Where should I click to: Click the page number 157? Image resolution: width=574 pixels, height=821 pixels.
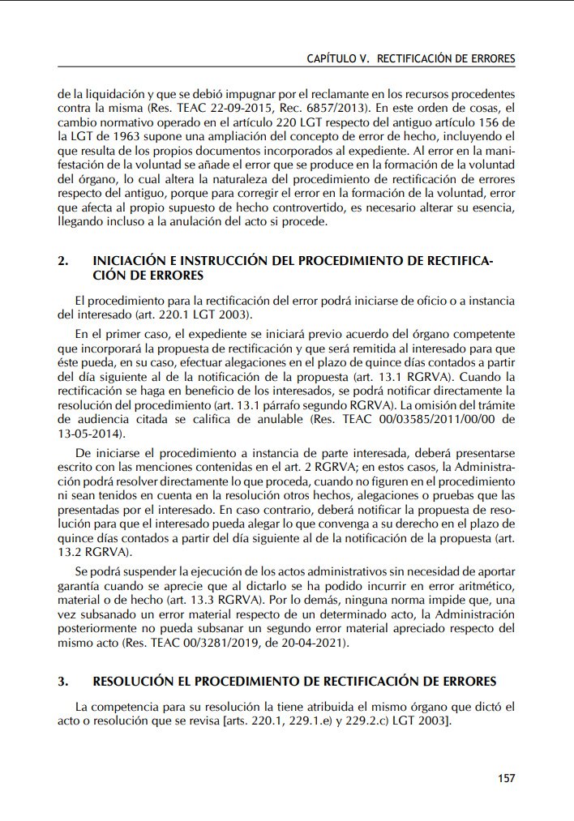tap(506, 778)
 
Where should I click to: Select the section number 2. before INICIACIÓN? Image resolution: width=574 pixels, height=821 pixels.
tap(63, 262)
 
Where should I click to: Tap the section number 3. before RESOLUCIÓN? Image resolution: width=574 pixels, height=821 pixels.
tap(63, 682)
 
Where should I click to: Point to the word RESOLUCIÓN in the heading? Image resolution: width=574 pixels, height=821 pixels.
tap(138, 682)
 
